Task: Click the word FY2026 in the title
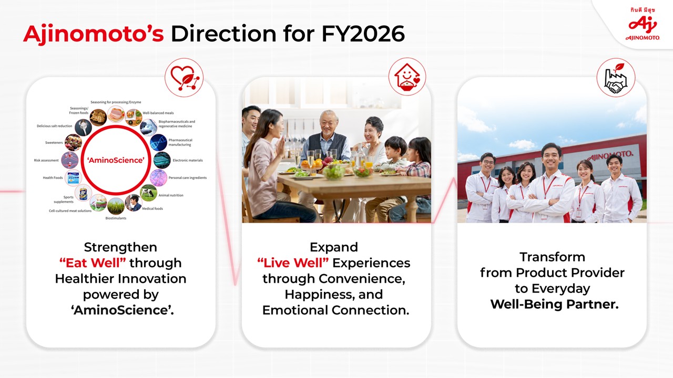click(x=363, y=34)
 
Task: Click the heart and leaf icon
click(x=184, y=77)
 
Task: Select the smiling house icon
click(x=407, y=77)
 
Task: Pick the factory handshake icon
click(x=616, y=77)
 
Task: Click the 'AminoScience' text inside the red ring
click(x=116, y=160)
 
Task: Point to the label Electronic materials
click(x=188, y=161)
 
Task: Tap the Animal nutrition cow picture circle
click(x=148, y=193)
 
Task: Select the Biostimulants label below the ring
click(x=116, y=218)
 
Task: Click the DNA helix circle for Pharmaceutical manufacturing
click(x=158, y=142)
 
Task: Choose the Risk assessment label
click(x=46, y=161)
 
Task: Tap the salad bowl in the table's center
click(x=333, y=172)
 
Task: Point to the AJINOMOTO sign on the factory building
click(x=610, y=156)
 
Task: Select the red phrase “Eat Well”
click(x=93, y=263)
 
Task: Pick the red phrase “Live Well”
click(x=293, y=263)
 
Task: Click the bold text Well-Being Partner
click(x=554, y=304)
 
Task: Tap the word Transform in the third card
click(x=552, y=257)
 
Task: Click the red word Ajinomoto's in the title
click(x=94, y=34)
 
